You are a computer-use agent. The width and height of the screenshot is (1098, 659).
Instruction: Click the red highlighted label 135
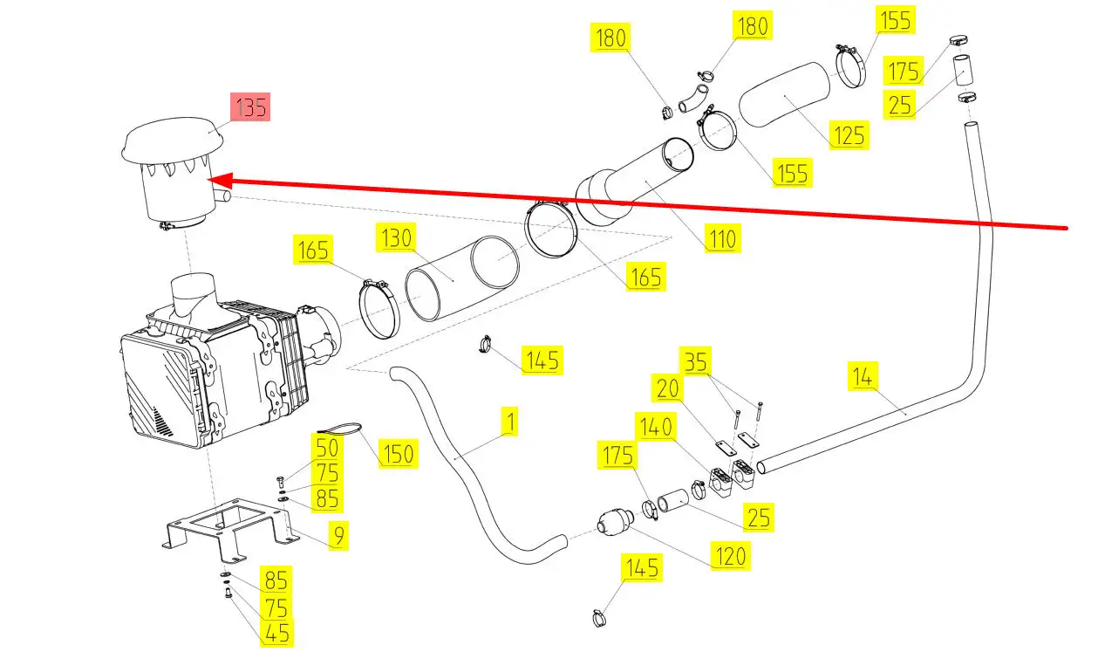[250, 108]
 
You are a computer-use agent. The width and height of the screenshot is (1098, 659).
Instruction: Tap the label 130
[397, 237]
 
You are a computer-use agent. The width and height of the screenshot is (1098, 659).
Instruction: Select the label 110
[722, 237]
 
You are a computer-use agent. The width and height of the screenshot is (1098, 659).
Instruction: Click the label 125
[849, 134]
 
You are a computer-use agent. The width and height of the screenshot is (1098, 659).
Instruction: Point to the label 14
[862, 377]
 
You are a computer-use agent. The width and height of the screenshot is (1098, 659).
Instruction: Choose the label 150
[398, 454]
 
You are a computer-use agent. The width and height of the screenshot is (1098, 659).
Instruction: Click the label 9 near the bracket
[338, 534]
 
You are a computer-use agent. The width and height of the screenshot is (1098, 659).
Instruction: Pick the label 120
[730, 555]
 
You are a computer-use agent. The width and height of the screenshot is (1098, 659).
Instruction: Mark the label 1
[510, 423]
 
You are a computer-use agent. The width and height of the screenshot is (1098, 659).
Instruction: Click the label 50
[327, 449]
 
